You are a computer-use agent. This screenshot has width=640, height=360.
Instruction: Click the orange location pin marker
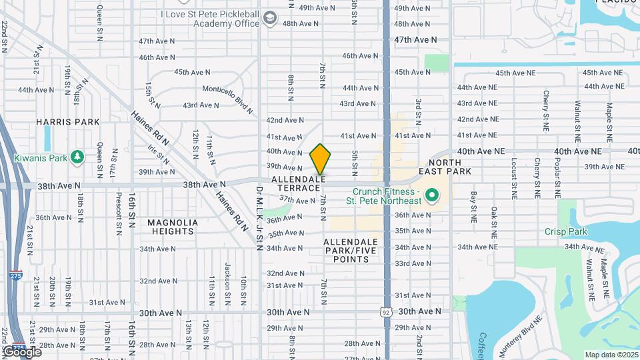321,159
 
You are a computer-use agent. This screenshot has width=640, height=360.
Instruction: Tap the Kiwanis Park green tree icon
78,158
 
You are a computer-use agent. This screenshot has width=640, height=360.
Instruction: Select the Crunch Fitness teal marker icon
431,196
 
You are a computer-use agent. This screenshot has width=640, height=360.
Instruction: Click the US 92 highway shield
387,311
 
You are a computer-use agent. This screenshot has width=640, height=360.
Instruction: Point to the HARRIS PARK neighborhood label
68,122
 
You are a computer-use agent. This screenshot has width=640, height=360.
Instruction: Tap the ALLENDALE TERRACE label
299,184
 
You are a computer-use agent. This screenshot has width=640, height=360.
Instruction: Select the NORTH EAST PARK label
449,167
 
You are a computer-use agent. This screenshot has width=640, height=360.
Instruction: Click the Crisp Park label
566,231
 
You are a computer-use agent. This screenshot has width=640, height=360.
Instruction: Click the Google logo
23,351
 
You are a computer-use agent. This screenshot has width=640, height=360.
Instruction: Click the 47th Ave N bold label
415,40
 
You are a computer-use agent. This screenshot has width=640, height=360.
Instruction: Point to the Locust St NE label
514,180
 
